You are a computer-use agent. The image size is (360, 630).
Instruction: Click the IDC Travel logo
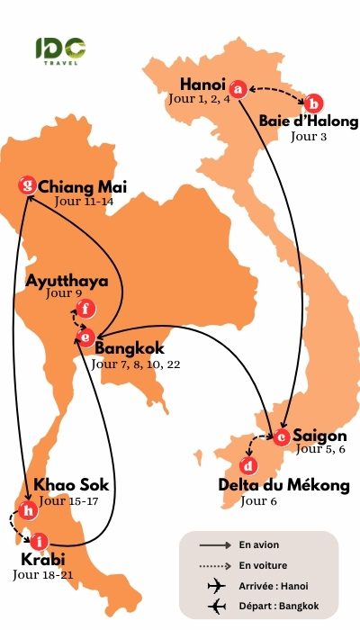[60, 50]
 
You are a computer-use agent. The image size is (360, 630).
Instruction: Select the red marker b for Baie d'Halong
[316, 103]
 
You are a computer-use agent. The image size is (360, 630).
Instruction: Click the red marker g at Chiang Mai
[29, 187]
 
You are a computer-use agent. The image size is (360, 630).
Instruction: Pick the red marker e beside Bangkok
[85, 337]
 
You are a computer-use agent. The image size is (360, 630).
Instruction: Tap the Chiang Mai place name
[83, 187]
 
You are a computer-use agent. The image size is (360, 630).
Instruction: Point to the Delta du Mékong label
[283, 486]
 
